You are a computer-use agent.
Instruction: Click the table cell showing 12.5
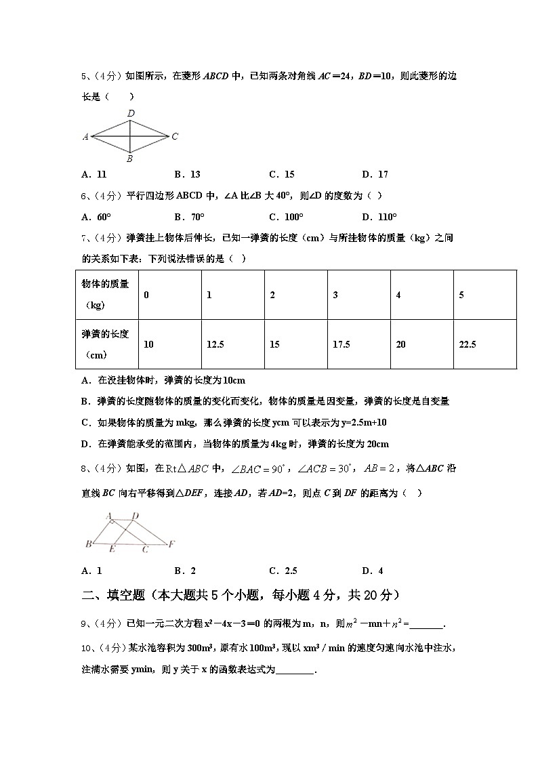coord(215,344)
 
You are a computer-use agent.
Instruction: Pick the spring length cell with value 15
coord(274,344)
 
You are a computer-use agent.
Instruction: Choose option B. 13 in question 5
coord(187,174)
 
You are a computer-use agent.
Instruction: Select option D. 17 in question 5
coord(375,174)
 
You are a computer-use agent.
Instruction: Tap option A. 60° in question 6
coord(96,218)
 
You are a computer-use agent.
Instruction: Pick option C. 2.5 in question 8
coord(283,571)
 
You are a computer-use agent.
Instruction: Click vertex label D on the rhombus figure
coord(131,113)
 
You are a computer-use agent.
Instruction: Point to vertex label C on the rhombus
coord(174,136)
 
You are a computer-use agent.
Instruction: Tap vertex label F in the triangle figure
coord(172,543)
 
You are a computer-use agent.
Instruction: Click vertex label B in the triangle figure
coord(88,544)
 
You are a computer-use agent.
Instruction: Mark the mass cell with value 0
coord(147,295)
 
